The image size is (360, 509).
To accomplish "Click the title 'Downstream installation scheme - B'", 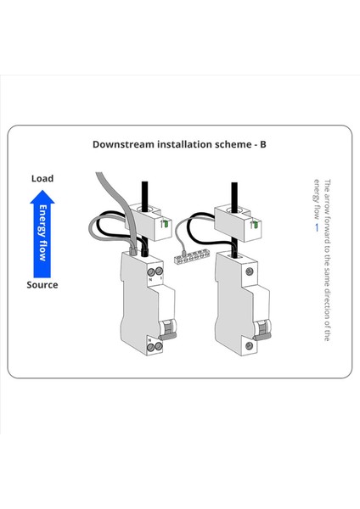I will pyautogui.click(x=179, y=144).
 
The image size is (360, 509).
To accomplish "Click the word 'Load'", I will pyautogui.click(x=42, y=178).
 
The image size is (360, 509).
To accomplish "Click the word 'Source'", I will pyautogui.click(x=42, y=285).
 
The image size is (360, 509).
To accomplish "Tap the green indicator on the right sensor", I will pyautogui.click(x=252, y=223).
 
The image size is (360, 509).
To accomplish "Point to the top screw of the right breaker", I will pyautogui.click(x=249, y=270).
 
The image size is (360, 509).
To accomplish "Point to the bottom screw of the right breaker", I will pyautogui.click(x=249, y=345).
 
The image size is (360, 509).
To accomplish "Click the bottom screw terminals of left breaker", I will pyautogui.click(x=156, y=345).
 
